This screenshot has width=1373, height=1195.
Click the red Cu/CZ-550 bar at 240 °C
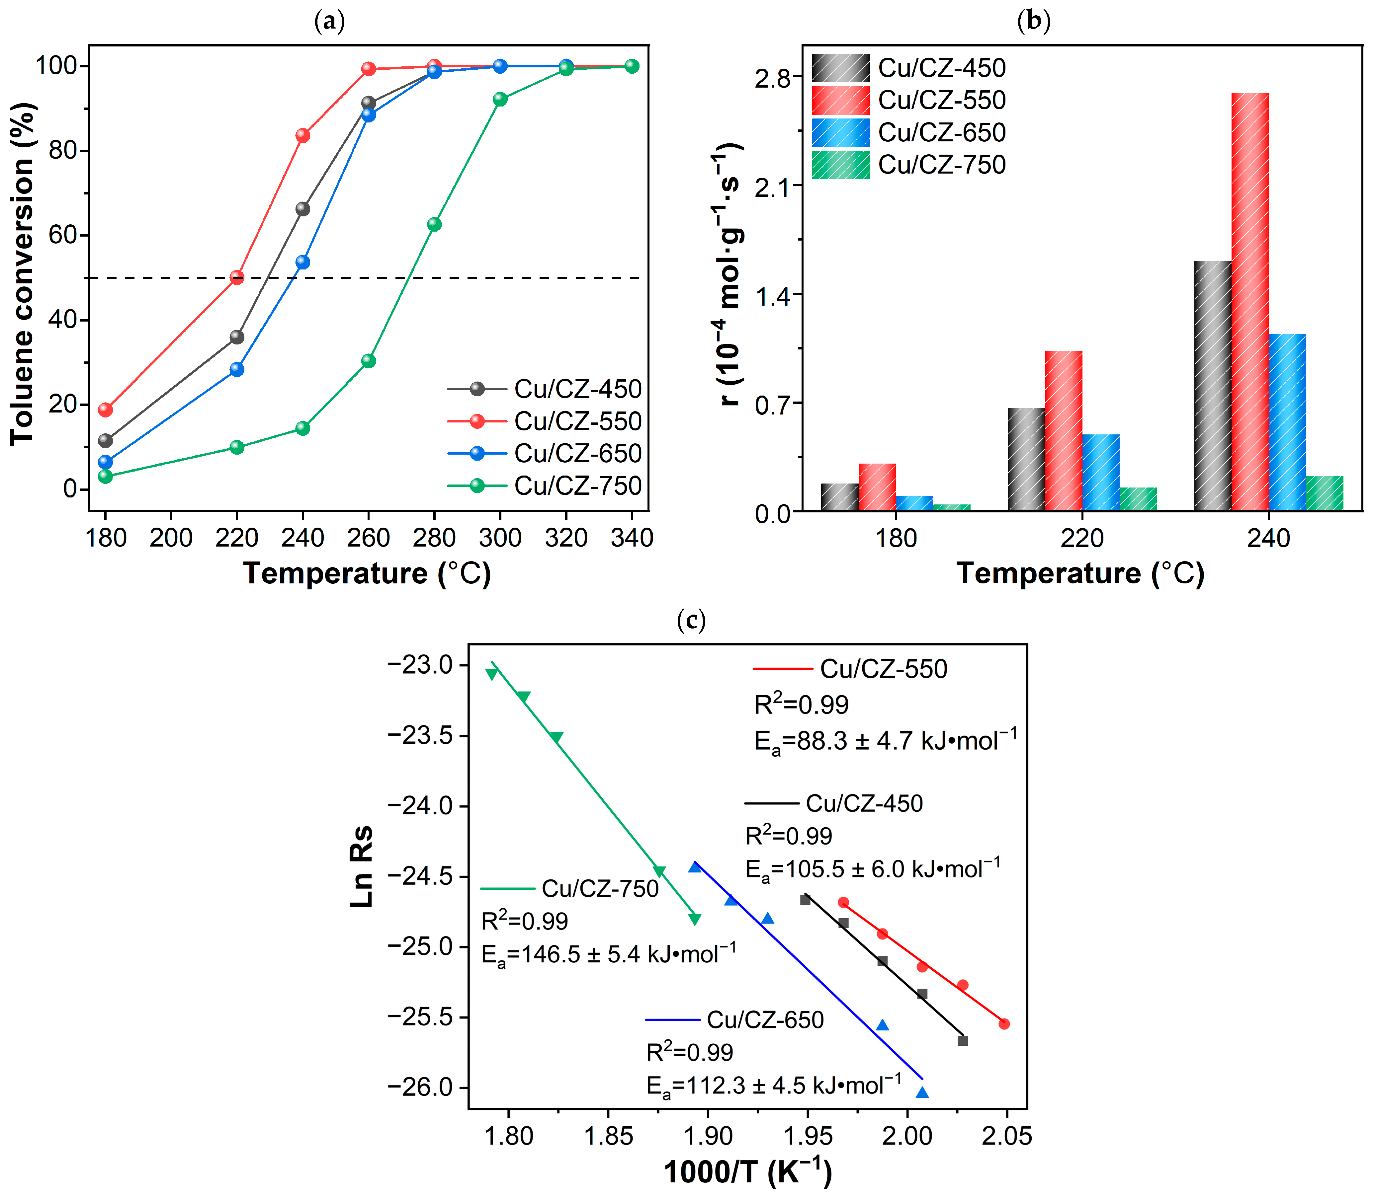[1249, 301]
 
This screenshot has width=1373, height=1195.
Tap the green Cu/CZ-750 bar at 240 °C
[1324, 493]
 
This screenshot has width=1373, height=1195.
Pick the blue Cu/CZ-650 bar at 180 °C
[914, 503]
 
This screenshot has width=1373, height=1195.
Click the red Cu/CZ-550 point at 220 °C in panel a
[237, 277]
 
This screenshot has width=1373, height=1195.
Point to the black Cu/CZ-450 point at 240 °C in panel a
[302, 209]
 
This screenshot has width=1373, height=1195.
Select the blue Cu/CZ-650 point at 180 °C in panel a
[105, 462]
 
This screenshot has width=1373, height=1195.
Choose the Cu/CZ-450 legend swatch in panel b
[841, 68]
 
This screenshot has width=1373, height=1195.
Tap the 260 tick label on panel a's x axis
[368, 538]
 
